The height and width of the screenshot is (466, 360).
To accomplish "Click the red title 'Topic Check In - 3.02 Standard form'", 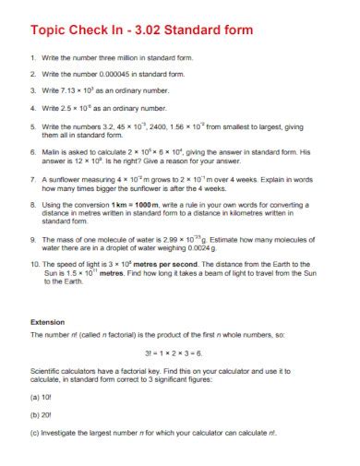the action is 141,30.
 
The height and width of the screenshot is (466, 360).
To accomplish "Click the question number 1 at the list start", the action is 32,57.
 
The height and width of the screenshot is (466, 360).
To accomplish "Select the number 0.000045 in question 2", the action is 114,74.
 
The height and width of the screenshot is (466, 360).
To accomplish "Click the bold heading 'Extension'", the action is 49,322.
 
